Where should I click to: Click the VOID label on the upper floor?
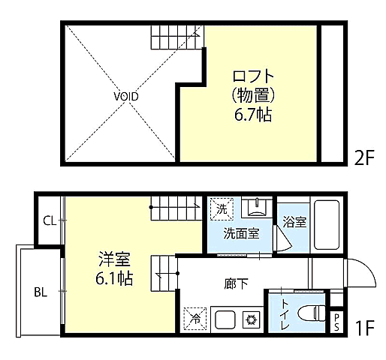click(126, 97)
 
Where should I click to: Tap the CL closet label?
click(49, 220)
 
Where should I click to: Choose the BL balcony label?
click(40, 292)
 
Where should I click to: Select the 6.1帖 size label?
click(115, 279)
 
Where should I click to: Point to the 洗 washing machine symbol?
click(222, 207)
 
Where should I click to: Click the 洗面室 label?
click(241, 232)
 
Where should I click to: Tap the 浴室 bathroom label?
click(294, 222)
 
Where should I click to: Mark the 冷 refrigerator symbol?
click(194, 318)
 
